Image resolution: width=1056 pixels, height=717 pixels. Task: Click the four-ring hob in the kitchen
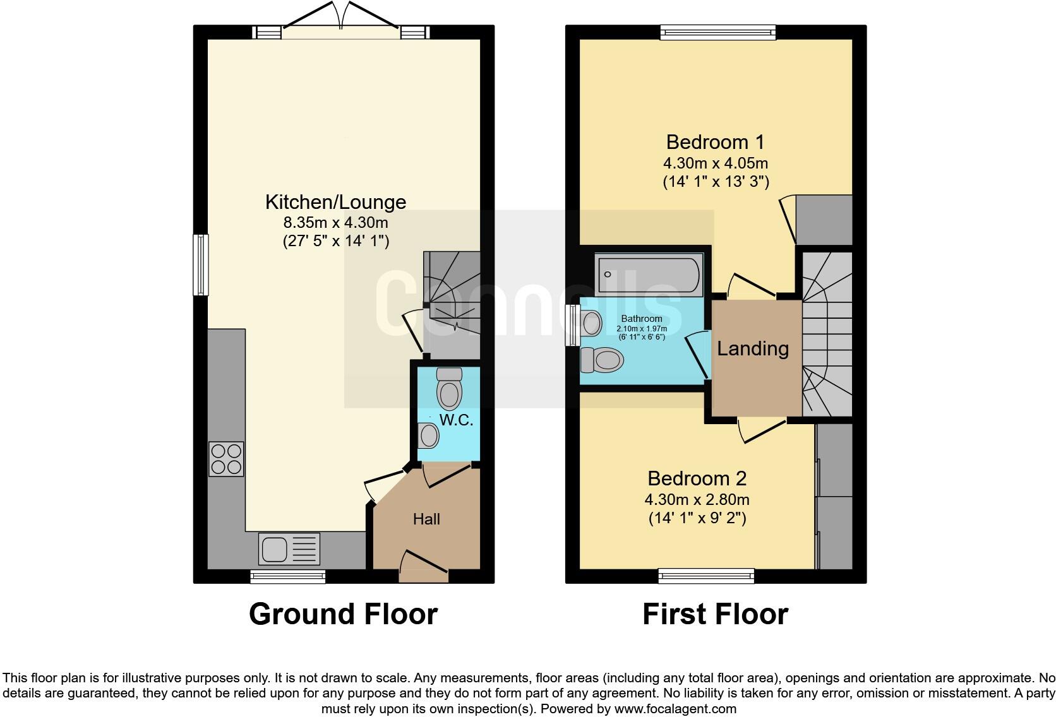pos(226,459)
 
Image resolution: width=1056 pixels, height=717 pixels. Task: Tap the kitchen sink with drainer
pos(289,548)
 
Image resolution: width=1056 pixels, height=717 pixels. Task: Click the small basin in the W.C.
pos(429,436)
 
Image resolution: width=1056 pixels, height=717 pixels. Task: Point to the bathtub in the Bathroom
pos(649,274)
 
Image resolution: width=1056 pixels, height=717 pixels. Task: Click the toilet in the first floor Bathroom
pos(603,361)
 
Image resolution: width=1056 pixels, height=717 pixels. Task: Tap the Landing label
pos(752,348)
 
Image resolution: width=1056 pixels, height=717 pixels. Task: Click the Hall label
pos(426,519)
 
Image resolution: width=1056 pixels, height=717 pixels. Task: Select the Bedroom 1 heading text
pos(715,141)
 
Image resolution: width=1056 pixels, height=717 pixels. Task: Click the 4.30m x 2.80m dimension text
pos(697,500)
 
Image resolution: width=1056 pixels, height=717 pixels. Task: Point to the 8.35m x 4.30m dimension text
pos(335,222)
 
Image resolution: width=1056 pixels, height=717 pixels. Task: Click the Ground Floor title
pos(343,614)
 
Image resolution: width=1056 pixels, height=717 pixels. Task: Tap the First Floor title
pos(715,614)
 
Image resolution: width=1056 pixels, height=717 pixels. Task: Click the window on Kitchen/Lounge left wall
pos(200,264)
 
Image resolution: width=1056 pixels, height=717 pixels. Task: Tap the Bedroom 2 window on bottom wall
pos(706,575)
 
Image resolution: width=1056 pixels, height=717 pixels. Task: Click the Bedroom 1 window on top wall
pos(717,32)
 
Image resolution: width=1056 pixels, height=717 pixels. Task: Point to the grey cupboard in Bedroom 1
pos(824,220)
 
